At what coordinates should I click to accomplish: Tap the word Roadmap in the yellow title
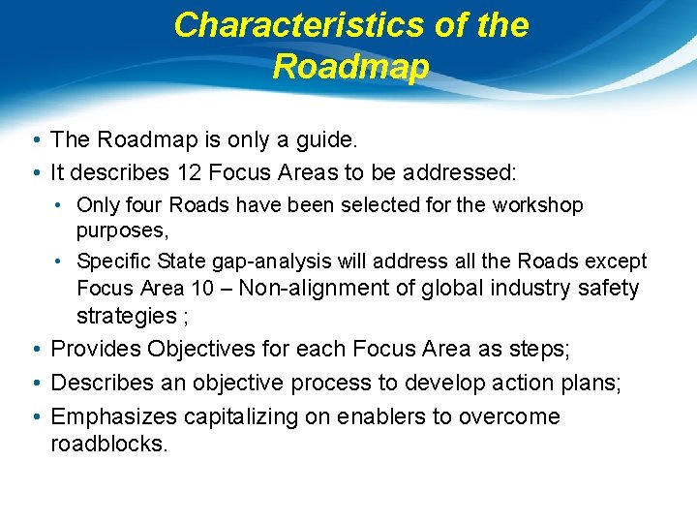pyautogui.click(x=350, y=67)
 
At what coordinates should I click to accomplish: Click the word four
pyautogui.click(x=141, y=205)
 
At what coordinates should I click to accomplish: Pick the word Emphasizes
pyautogui.click(x=107, y=416)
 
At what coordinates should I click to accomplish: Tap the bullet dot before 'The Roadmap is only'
pyautogui.click(x=36, y=141)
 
